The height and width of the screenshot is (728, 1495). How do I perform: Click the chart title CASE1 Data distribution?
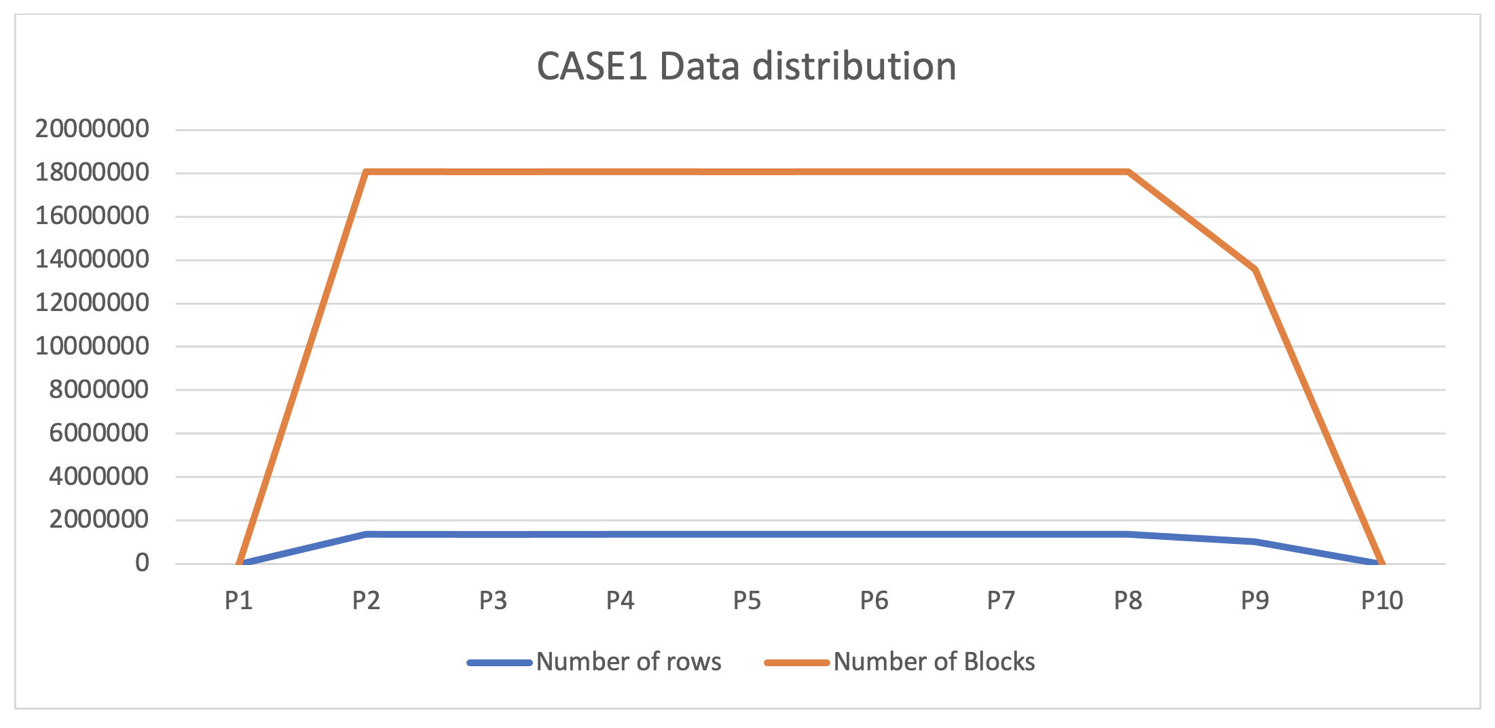click(x=746, y=67)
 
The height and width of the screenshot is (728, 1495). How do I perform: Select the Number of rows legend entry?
click(x=628, y=661)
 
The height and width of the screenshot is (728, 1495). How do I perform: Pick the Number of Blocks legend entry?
click(x=934, y=661)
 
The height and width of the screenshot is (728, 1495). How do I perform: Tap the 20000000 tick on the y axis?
click(x=92, y=128)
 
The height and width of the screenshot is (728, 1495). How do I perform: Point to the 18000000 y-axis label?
click(x=92, y=172)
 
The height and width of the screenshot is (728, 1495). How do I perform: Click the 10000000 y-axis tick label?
click(x=92, y=346)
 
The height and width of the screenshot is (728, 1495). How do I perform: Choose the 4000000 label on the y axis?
click(x=98, y=476)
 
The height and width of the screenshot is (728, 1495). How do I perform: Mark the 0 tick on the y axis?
click(x=142, y=563)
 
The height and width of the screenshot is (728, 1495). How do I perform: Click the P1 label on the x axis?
click(x=239, y=600)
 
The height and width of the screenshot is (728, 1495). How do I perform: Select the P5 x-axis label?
click(x=747, y=600)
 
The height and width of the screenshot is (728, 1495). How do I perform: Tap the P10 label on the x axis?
click(x=1382, y=600)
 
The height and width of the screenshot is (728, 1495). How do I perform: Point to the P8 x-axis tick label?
click(x=1128, y=600)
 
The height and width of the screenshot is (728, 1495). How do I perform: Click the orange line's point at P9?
click(x=1255, y=270)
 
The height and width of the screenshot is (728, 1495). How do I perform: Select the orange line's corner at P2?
click(x=367, y=172)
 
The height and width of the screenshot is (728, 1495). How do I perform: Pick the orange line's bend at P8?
click(x=1128, y=172)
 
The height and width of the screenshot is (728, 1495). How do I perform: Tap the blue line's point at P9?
click(x=1255, y=541)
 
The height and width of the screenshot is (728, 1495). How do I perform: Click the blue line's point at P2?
click(x=367, y=534)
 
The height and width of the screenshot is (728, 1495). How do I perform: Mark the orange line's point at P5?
click(x=747, y=172)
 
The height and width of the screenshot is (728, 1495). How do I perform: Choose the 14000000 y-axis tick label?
click(x=92, y=259)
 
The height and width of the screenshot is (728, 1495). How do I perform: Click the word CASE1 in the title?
click(x=591, y=67)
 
